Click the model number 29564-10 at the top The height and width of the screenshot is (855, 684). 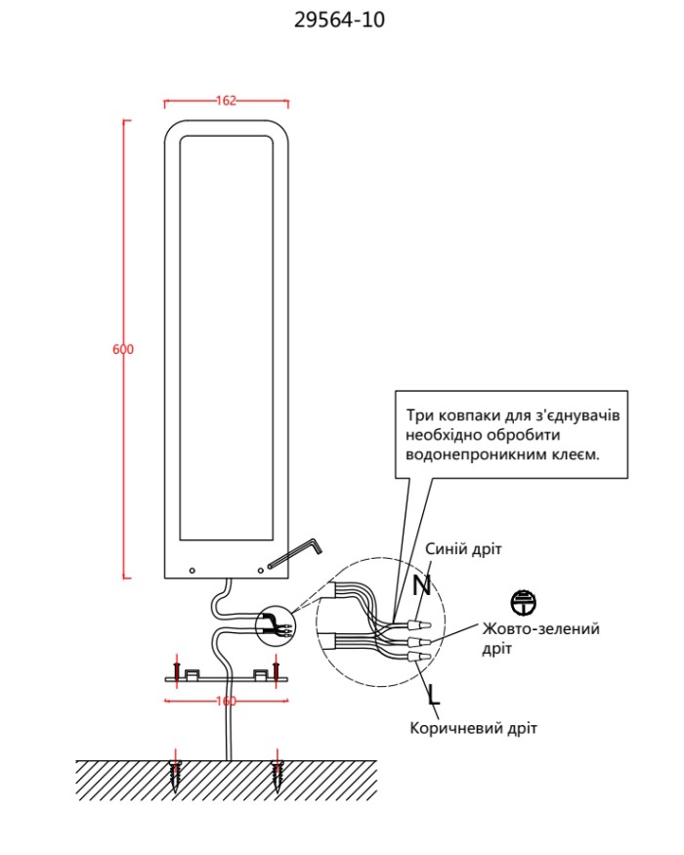[339, 20]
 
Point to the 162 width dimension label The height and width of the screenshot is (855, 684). [226, 101]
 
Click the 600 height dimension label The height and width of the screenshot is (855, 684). [123, 349]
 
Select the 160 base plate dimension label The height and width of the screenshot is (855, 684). [227, 701]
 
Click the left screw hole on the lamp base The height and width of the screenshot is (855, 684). [192, 571]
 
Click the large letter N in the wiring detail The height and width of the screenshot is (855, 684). [421, 585]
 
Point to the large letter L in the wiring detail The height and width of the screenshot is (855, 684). [434, 695]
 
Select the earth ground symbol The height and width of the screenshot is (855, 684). [524, 603]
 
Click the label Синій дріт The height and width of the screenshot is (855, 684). [463, 548]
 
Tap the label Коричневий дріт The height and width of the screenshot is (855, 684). [474, 728]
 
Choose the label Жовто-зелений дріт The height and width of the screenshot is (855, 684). [540, 638]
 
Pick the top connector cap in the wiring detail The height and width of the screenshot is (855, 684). [419, 623]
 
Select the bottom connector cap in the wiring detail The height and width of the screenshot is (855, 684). [419, 657]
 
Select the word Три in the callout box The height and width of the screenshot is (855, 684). [419, 415]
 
